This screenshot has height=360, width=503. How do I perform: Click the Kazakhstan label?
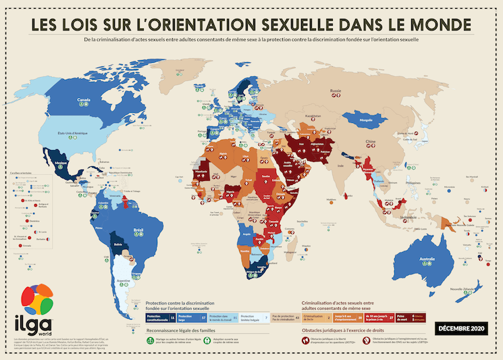coord(313,115)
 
